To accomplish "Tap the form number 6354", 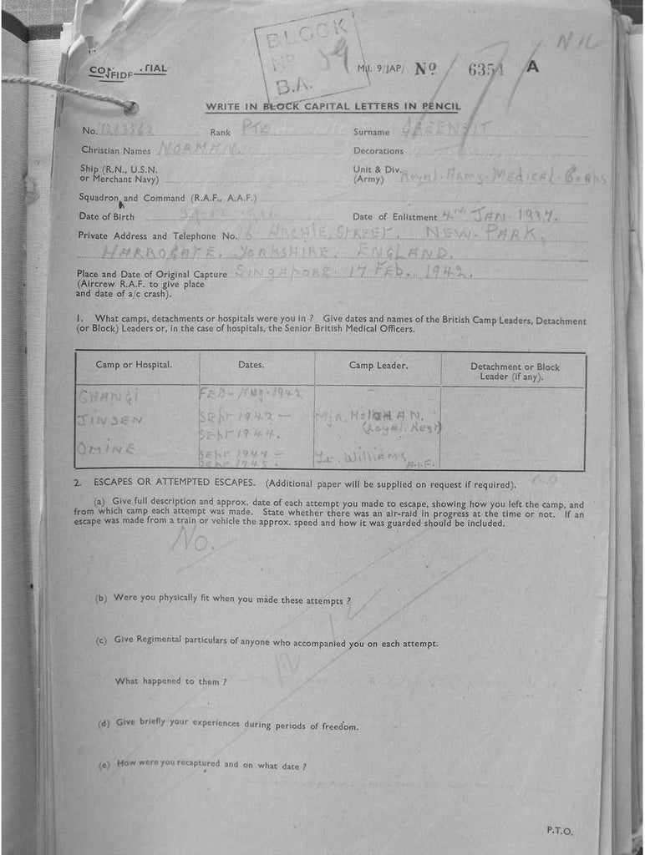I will pyautogui.click(x=485, y=69).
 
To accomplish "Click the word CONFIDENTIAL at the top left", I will pyautogui.click(x=128, y=70).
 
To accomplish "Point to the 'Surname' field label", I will pyautogui.click(x=371, y=132).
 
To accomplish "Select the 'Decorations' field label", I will pyautogui.click(x=378, y=151).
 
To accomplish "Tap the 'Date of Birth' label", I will pyautogui.click(x=106, y=217).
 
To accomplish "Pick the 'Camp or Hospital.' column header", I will pyautogui.click(x=134, y=365).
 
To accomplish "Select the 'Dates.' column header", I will pyautogui.click(x=251, y=365).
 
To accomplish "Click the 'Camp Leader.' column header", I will pyautogui.click(x=378, y=365).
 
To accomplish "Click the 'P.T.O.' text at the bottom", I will pyautogui.click(x=559, y=831).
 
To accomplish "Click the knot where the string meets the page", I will pyautogui.click(x=130, y=106).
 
